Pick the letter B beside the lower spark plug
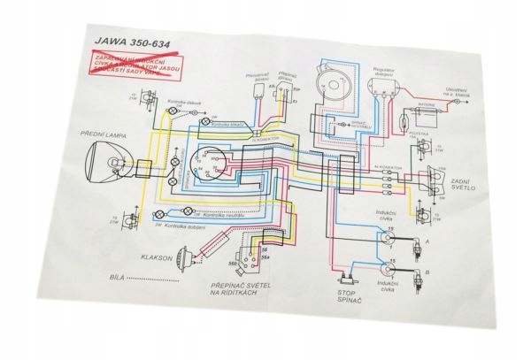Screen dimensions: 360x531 click(429, 275)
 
